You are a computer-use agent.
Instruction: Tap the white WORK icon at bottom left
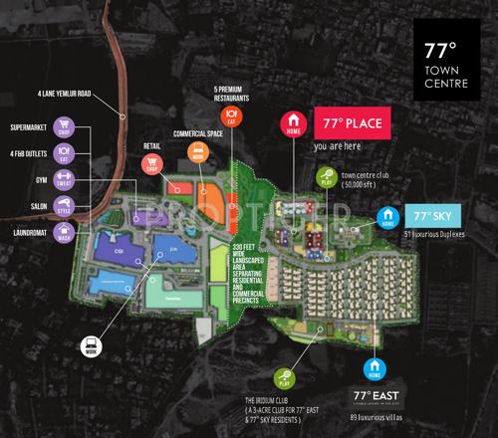91,346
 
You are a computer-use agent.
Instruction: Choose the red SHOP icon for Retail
153,166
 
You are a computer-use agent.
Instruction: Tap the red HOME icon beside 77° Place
293,127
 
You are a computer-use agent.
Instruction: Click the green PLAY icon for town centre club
326,180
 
